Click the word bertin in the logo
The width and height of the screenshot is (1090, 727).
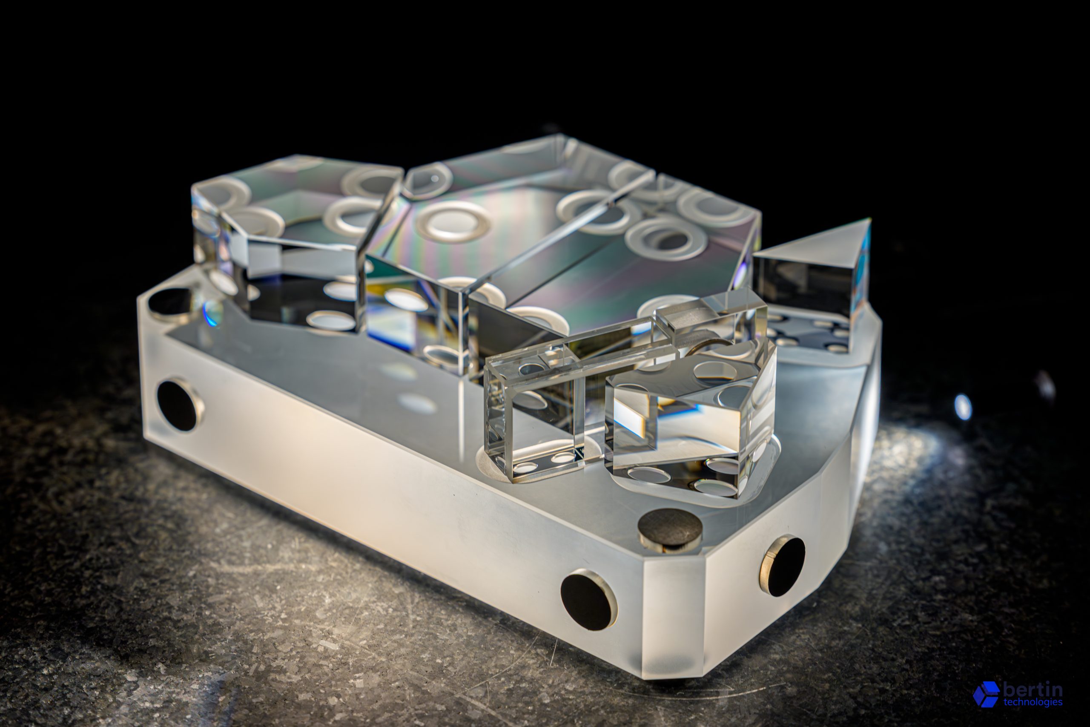point(1033,690)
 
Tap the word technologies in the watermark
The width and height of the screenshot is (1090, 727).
point(1033,702)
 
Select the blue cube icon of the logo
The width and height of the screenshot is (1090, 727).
point(986,694)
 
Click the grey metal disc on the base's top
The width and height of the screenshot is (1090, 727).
point(670,528)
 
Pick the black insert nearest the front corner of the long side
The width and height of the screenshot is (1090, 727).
point(588,601)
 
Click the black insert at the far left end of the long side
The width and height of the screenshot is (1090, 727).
point(179,405)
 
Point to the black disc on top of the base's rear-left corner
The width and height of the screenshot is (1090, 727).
point(169,303)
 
